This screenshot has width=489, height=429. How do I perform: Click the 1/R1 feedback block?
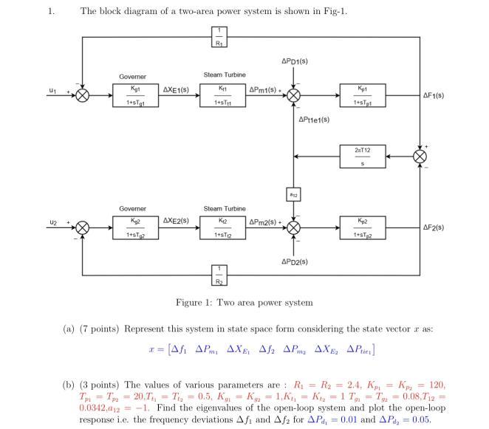point(219,37)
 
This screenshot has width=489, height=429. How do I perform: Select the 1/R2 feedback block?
point(219,275)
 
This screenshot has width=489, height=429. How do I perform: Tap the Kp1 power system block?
point(361,95)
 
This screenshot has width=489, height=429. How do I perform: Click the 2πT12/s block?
point(361,157)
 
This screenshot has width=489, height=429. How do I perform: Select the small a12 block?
point(293,193)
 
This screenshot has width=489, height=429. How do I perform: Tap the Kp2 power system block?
point(361,227)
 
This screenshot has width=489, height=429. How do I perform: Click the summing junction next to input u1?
point(83,96)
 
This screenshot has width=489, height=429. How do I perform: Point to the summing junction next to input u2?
point(83,227)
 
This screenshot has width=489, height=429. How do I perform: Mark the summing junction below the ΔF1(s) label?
point(420,157)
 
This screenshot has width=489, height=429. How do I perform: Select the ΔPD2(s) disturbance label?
point(294,262)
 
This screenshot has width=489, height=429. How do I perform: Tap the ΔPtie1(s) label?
point(314,119)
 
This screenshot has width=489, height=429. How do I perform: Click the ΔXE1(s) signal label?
point(176,89)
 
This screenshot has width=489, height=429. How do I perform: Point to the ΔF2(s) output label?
point(434,227)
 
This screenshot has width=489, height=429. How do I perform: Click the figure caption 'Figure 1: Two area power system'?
point(244,303)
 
